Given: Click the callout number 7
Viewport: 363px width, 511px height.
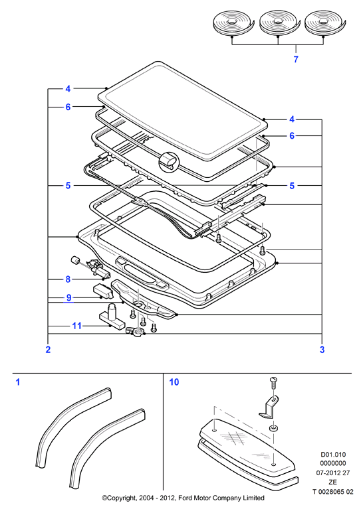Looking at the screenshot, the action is (296, 59).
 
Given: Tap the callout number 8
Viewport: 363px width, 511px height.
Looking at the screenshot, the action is (68, 279).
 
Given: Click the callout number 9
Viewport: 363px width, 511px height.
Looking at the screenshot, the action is (68, 297).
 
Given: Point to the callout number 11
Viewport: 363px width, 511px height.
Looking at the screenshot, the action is (76, 326).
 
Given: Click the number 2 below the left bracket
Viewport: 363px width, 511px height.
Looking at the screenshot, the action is (48, 350).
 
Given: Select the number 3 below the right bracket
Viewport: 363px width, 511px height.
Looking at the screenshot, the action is (322, 350).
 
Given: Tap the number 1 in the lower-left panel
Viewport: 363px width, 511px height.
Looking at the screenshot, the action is (18, 382).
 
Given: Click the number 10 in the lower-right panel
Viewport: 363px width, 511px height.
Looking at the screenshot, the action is (174, 382).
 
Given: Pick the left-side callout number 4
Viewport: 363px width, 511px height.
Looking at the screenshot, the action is (68, 89).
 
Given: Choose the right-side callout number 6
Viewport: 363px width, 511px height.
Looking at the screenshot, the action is (292, 135).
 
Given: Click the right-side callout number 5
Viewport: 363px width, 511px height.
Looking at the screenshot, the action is (292, 186).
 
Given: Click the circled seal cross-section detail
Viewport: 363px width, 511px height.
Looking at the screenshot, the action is (169, 162).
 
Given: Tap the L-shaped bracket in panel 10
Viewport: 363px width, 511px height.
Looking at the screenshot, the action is (269, 406).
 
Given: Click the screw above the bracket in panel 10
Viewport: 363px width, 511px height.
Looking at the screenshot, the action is (273, 382).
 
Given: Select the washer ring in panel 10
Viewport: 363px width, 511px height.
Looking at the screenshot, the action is (273, 427).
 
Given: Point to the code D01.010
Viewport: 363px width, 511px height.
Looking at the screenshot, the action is (333, 455).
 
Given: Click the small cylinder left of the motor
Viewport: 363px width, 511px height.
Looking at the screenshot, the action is (76, 260).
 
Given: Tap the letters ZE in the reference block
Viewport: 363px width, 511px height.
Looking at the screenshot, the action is (333, 482).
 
